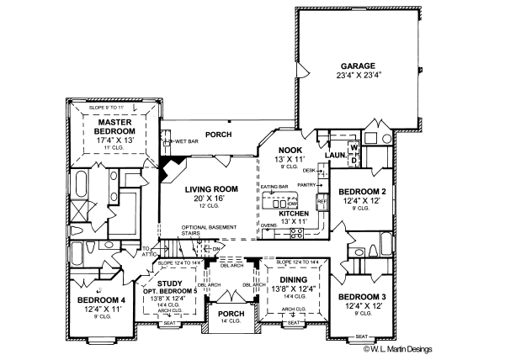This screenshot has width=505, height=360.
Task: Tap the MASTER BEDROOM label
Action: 114,126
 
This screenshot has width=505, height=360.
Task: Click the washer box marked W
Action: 353,148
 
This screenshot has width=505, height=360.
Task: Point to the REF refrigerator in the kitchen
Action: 321,203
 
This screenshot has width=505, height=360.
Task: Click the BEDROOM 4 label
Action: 101,299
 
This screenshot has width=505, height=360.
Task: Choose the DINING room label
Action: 293,280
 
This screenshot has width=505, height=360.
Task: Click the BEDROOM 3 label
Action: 363,297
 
